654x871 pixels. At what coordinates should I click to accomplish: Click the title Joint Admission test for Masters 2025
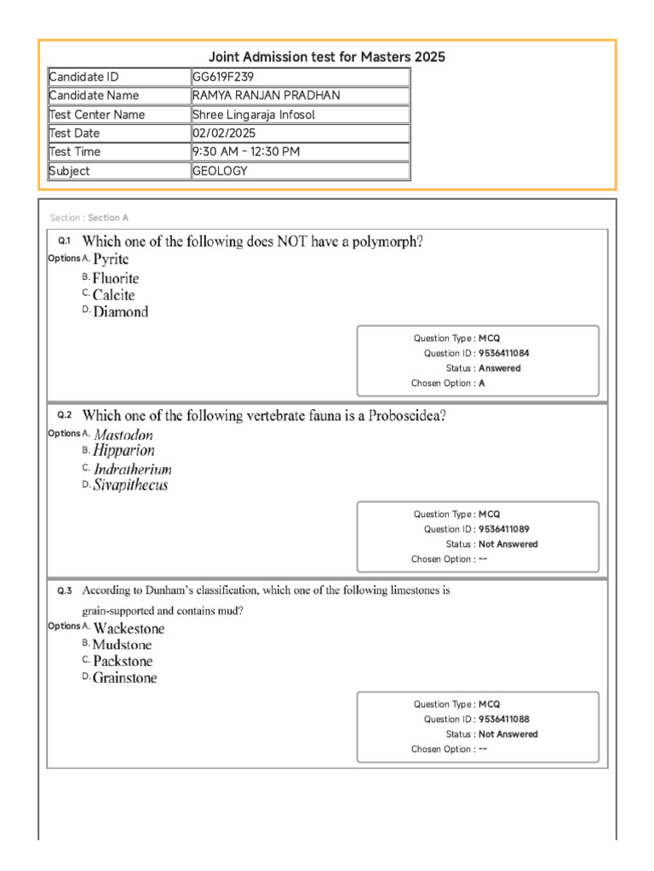[x=327, y=57]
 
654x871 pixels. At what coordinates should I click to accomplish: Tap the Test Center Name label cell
[x=97, y=115]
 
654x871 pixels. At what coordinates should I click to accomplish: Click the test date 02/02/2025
[x=223, y=134]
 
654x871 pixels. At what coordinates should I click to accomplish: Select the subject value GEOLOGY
[x=220, y=171]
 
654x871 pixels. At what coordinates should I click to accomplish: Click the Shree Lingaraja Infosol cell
[x=254, y=115]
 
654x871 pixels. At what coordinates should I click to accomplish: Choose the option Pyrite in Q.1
[x=111, y=259]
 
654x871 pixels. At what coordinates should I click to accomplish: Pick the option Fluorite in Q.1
[x=116, y=278]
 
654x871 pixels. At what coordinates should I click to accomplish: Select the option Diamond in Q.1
[x=120, y=312]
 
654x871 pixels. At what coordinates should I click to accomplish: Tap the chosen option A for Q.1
[x=482, y=384]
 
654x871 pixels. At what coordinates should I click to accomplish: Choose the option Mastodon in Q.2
[x=123, y=435]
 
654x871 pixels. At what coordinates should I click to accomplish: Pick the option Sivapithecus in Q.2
[x=130, y=486]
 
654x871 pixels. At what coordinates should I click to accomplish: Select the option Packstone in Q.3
[x=123, y=661]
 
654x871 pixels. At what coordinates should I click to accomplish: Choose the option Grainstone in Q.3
[x=124, y=679]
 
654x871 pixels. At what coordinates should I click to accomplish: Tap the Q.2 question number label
[x=65, y=416]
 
